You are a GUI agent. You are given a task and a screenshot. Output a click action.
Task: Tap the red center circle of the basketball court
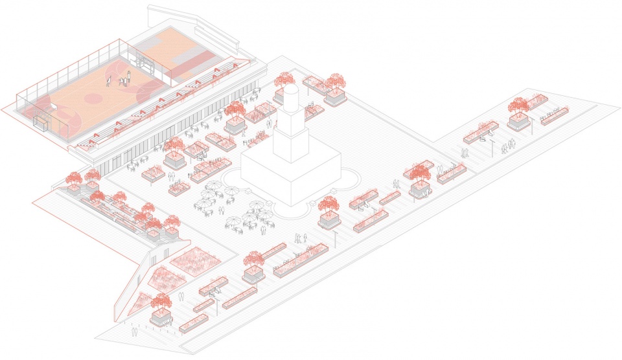click(x=93, y=98)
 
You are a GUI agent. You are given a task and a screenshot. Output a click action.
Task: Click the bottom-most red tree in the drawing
click(x=161, y=302)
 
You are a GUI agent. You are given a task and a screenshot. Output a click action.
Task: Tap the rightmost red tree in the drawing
click(x=518, y=105)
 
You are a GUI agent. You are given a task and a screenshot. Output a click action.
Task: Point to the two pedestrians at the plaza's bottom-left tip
click(x=133, y=331)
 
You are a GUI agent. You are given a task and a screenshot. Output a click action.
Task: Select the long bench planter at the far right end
click(x=555, y=115)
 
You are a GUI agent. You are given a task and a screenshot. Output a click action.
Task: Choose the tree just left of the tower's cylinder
click(x=283, y=80)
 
